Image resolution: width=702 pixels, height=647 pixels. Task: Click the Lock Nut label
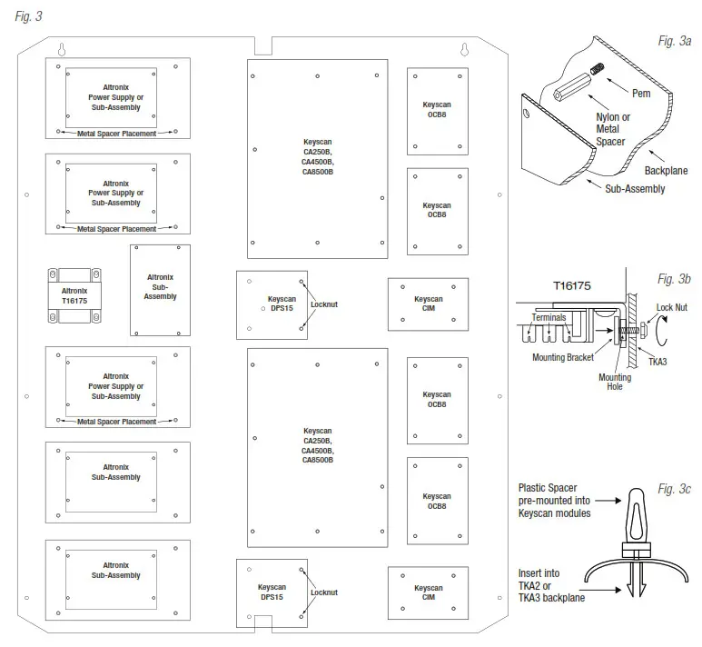click(x=673, y=308)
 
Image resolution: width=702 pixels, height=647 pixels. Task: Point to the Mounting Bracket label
click(x=561, y=357)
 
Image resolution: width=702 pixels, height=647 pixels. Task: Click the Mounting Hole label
click(x=615, y=383)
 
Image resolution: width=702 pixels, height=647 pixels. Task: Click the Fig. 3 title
click(x=28, y=16)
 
